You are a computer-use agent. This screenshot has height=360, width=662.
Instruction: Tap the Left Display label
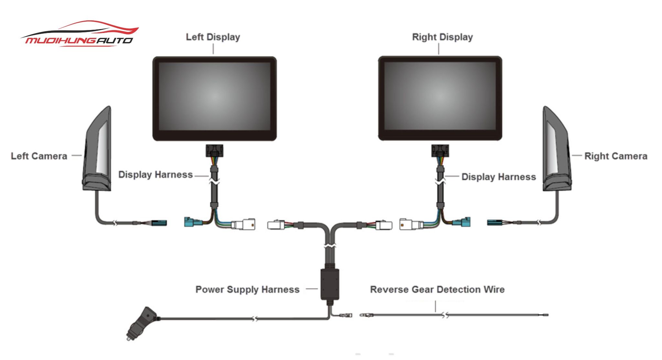213,37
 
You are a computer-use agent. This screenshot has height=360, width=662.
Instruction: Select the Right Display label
442,37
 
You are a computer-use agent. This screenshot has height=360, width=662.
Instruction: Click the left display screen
214,97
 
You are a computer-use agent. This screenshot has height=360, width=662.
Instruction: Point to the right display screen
440,97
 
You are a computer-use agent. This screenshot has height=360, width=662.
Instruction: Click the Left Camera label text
39,156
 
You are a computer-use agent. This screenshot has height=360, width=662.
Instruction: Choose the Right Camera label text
615,156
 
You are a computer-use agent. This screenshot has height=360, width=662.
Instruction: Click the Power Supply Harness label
247,289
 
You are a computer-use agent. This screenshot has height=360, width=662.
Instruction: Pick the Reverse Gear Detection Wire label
437,289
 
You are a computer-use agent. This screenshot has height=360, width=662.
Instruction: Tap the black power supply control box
330,284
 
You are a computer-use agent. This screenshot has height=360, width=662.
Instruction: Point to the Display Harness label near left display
155,175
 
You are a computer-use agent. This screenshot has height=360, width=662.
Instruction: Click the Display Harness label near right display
498,177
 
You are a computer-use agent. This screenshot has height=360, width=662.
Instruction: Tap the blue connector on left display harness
193,222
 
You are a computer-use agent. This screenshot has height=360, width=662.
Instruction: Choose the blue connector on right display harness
462,222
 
